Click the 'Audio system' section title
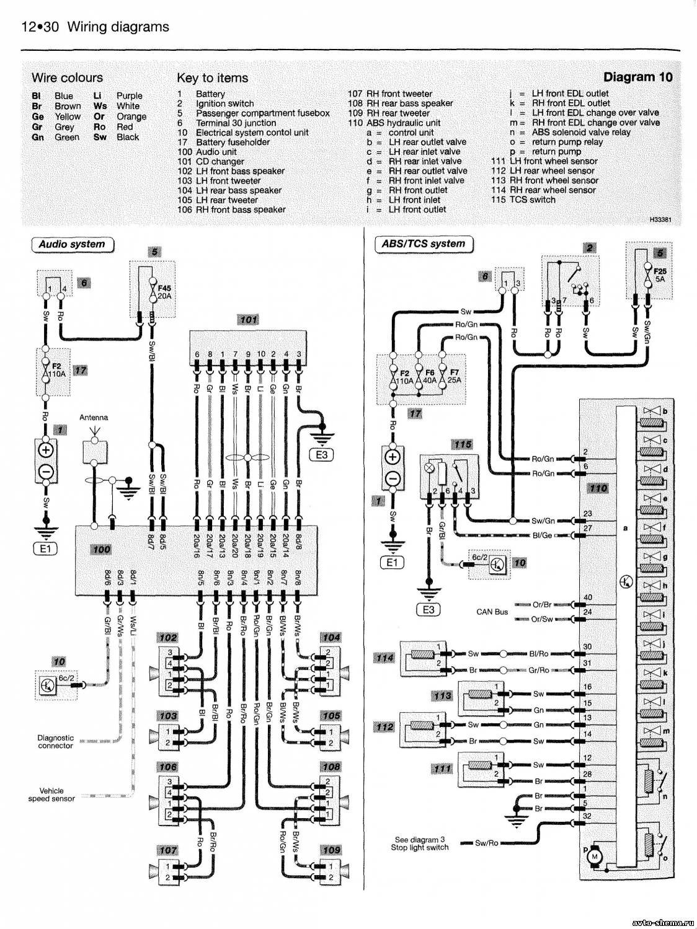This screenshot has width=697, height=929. (x=72, y=244)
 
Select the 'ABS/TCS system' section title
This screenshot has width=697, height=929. (x=424, y=244)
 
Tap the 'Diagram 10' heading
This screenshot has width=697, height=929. (x=637, y=77)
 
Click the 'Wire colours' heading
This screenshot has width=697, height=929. (x=67, y=77)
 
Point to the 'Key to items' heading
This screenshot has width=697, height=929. (x=212, y=78)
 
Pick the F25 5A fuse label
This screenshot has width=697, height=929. (x=660, y=275)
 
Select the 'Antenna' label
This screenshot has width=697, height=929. (x=94, y=417)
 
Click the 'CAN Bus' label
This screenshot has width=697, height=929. (x=492, y=612)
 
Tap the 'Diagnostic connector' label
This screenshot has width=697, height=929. (x=56, y=742)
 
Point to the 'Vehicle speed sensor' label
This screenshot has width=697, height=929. (x=51, y=795)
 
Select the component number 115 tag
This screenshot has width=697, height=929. (x=462, y=444)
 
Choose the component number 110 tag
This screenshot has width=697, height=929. (x=598, y=488)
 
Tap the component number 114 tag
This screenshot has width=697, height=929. (x=385, y=658)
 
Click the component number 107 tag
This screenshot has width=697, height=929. (x=168, y=850)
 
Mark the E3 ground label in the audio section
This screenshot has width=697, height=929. (x=321, y=454)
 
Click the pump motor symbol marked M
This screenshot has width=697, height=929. (x=595, y=856)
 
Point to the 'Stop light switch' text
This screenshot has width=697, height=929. (x=419, y=847)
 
